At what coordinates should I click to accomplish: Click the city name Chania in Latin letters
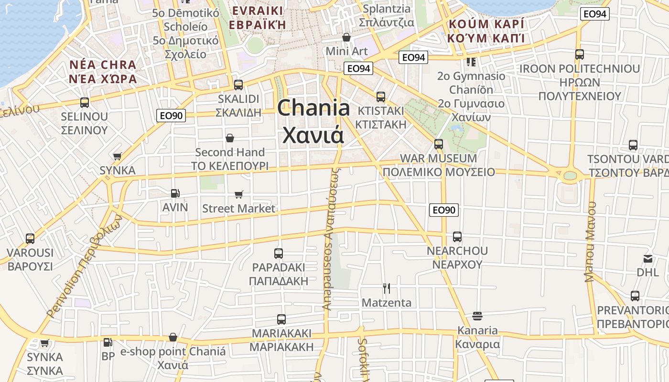coord(313,108)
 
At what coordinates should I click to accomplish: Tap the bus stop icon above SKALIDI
coord(238,85)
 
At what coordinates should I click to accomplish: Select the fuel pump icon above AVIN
coord(175,193)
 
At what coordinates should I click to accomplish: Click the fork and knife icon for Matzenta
coord(387,288)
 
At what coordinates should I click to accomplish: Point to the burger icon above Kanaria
coord(477,316)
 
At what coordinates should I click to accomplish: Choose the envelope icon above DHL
coord(647,259)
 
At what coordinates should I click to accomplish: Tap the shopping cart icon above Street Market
coord(238,194)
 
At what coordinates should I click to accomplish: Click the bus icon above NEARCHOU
coord(457,236)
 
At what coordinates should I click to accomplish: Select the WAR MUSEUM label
coord(438,158)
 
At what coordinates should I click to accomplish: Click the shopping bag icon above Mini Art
coord(346,37)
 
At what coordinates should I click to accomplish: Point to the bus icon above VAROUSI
coord(30,238)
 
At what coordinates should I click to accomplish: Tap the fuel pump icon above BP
coord(108,342)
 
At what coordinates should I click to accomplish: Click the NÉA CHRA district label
coord(103,64)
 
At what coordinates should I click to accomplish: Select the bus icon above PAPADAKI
coord(279,254)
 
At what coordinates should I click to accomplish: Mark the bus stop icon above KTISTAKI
coord(381,96)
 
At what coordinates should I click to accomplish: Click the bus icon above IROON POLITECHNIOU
coord(579,54)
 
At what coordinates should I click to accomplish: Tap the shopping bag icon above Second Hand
coord(230,138)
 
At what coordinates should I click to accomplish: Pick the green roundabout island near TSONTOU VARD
coord(570,175)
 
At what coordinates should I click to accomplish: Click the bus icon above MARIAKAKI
coord(281,319)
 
